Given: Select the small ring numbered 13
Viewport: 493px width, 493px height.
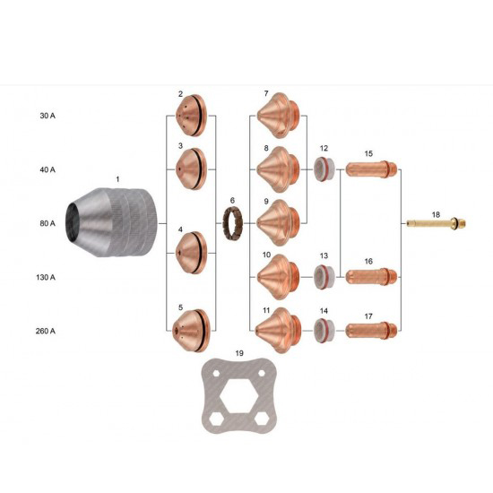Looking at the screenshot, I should pyautogui.click(x=324, y=272).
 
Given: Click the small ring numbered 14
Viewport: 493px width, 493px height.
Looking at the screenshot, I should pyautogui.click(x=324, y=328).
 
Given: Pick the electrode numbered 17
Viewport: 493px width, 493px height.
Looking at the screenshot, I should pyautogui.click(x=371, y=328).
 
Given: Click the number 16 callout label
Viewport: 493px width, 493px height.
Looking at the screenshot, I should pyautogui.click(x=368, y=261).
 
